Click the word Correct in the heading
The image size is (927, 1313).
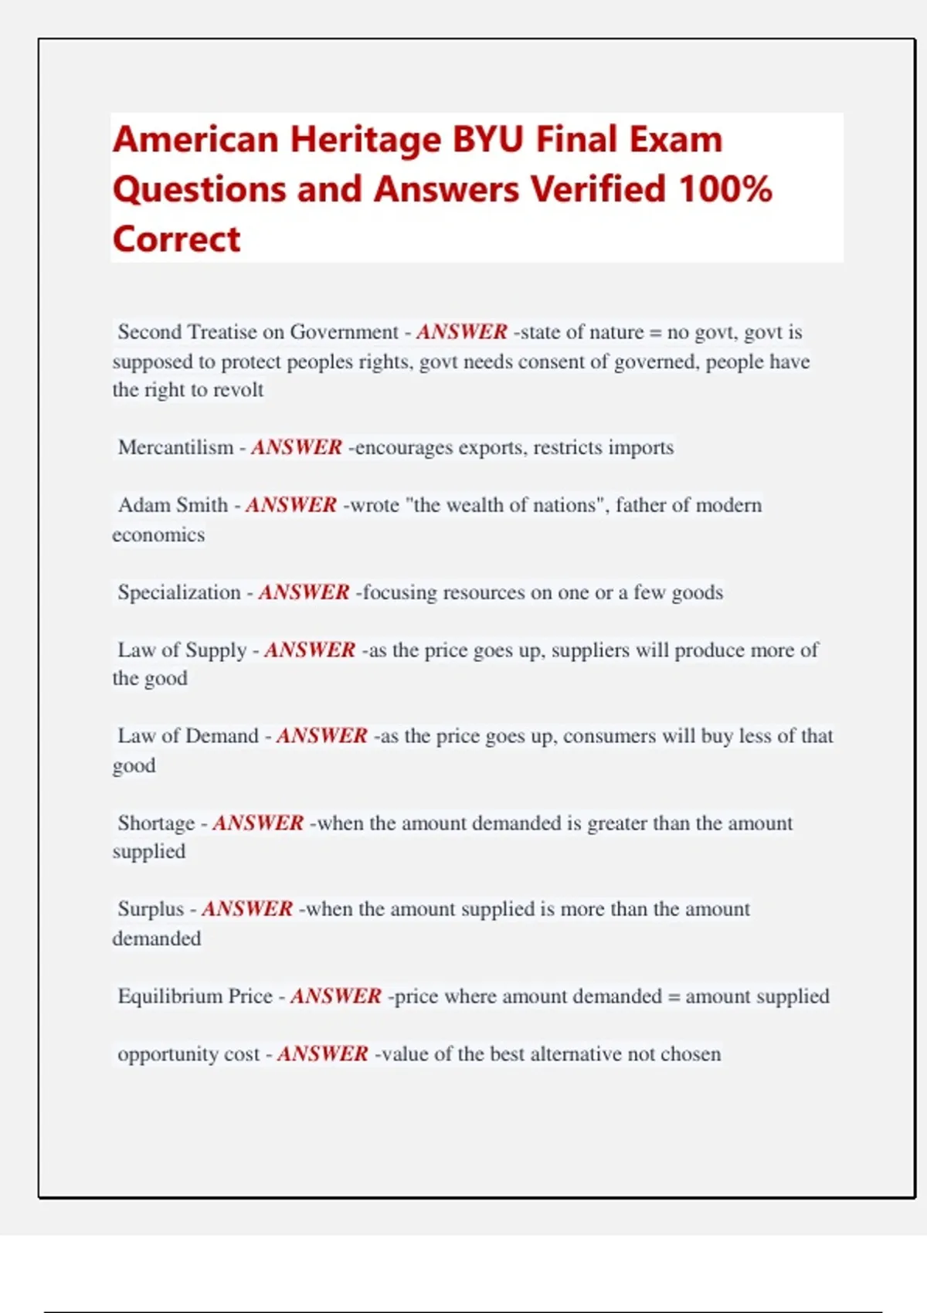[x=177, y=239]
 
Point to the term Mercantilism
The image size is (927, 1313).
[x=175, y=447]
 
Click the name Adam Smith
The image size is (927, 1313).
[x=173, y=505]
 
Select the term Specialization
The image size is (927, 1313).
[x=179, y=592]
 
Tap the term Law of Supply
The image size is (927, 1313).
[x=182, y=650]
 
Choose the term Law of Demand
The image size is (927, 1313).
[x=188, y=736]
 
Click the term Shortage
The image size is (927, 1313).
[x=156, y=823]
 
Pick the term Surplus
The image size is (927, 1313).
[x=151, y=909]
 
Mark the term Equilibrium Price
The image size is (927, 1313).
[x=195, y=996]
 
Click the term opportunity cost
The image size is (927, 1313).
[x=188, y=1054]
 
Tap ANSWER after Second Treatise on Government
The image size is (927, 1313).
[x=462, y=332]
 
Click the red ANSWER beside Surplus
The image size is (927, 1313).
[x=247, y=909]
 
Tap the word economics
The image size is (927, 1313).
[x=158, y=535]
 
